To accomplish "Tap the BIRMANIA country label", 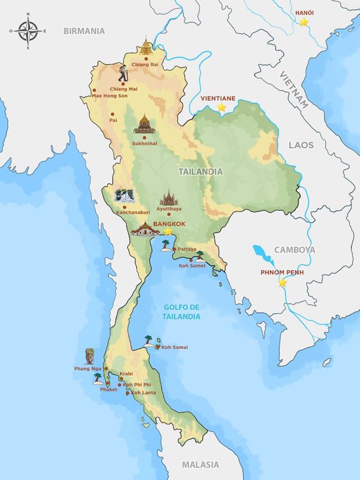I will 84,31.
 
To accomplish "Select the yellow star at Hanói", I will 304,22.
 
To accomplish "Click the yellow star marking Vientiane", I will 222,107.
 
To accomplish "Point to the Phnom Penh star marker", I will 282,283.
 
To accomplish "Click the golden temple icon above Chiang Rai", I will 147,48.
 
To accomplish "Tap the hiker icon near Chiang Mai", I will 123,73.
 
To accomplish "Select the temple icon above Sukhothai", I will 145,125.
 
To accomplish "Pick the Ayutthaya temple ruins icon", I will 168,198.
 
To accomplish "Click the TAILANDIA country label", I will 200,171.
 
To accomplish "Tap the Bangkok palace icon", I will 145,229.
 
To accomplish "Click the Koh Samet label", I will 192,265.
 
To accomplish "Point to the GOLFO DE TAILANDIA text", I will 182,312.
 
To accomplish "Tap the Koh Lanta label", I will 144,392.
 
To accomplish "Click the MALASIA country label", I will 200,464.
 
